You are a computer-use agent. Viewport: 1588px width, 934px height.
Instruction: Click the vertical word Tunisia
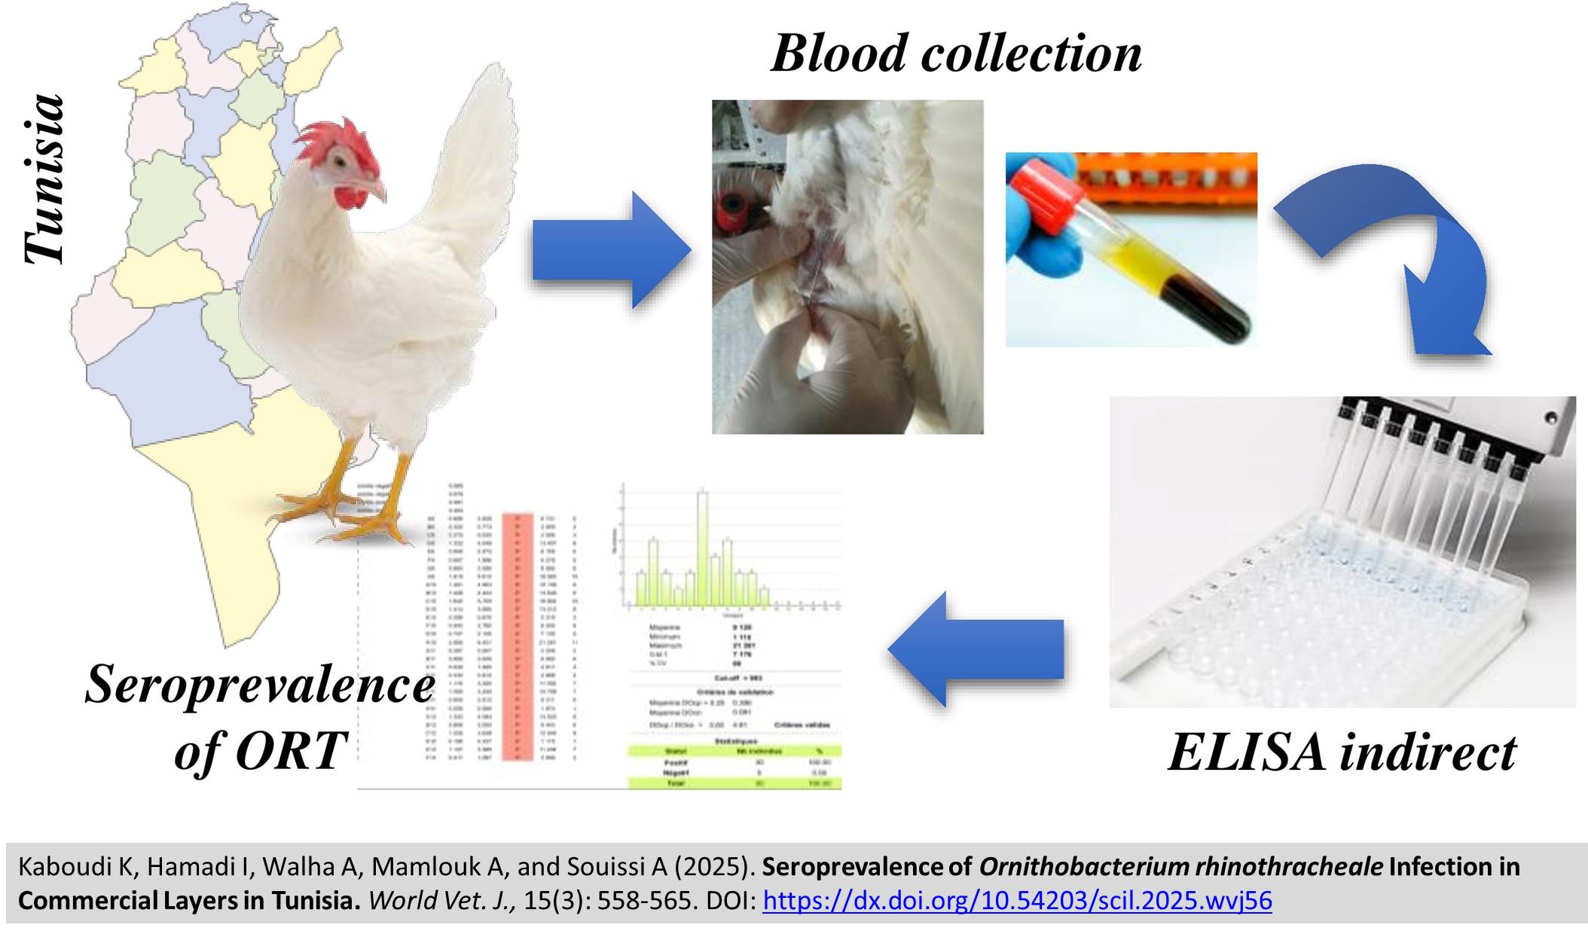(44, 179)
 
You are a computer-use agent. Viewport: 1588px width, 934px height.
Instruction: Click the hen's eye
(341, 160)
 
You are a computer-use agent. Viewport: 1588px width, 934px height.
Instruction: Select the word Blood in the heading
(839, 54)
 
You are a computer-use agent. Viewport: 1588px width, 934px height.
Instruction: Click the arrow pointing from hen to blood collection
(610, 250)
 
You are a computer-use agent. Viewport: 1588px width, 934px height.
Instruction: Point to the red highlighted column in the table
(518, 636)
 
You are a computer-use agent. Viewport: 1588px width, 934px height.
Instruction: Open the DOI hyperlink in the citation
(1017, 901)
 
